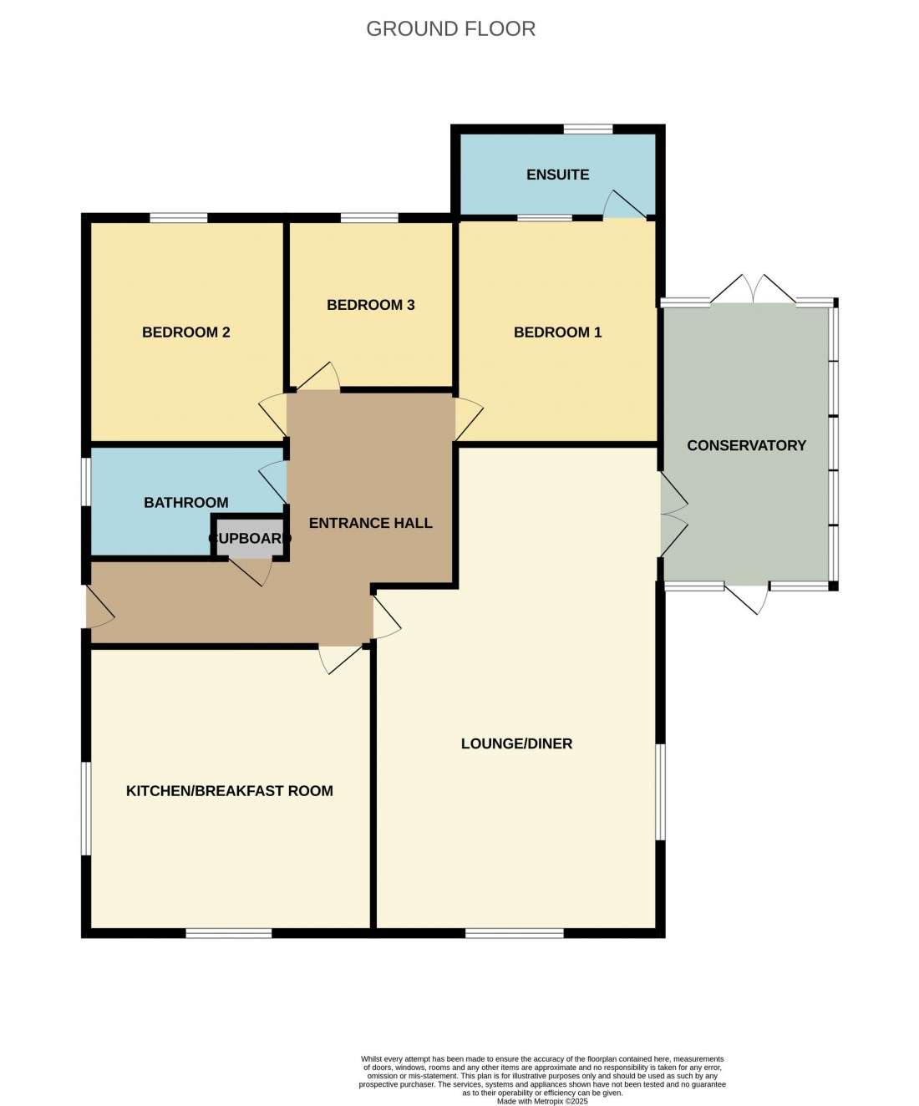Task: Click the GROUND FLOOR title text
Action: click(x=450, y=28)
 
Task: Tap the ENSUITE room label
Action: click(x=557, y=175)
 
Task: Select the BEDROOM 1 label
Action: click(x=557, y=332)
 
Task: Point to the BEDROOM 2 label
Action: click(x=185, y=332)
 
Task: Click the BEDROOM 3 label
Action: click(x=370, y=305)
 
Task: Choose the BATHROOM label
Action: click(x=185, y=502)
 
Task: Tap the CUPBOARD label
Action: click(x=249, y=539)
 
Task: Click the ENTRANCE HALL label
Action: click(x=370, y=523)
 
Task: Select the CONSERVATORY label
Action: click(x=746, y=445)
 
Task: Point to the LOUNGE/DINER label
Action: click(x=516, y=743)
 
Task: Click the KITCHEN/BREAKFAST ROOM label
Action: click(x=229, y=791)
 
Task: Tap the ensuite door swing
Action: click(x=622, y=205)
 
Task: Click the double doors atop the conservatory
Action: click(x=753, y=289)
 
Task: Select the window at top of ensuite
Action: click(x=587, y=129)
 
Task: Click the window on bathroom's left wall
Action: click(x=86, y=481)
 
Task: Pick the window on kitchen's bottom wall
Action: click(x=228, y=933)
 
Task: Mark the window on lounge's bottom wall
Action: click(x=514, y=933)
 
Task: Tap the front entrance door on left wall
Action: click(x=98, y=606)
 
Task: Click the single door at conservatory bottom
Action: click(x=749, y=598)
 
